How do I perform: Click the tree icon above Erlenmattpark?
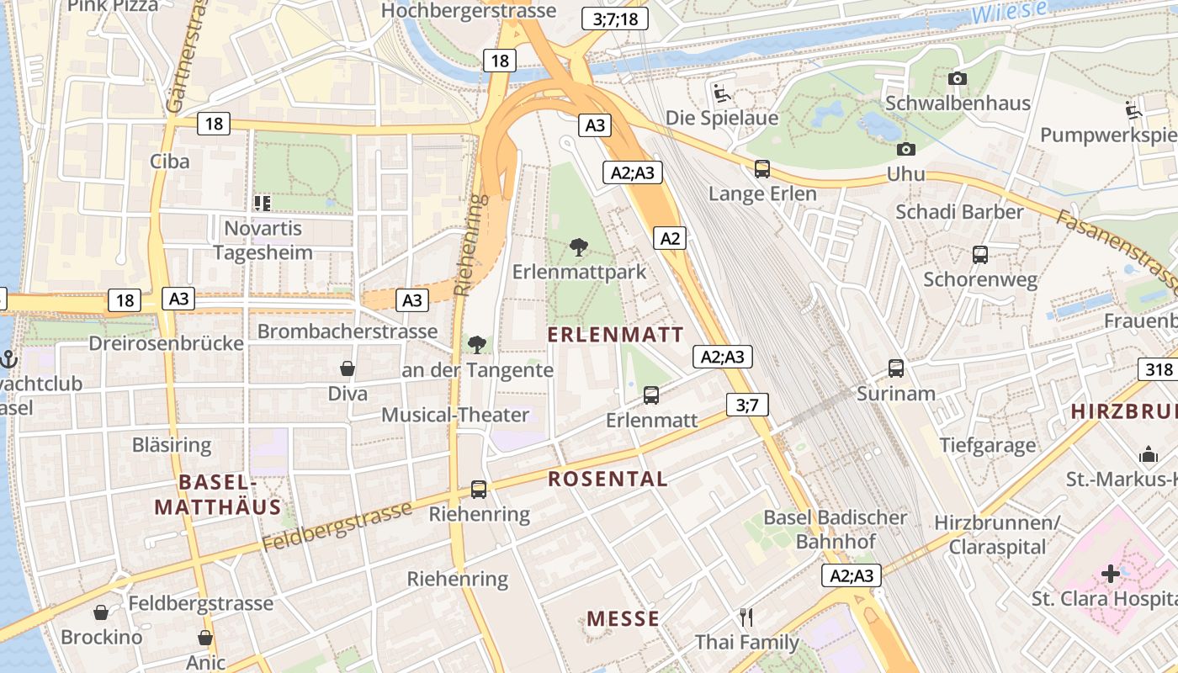click(x=578, y=247)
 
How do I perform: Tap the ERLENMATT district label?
click(x=616, y=335)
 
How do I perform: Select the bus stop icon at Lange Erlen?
click(x=762, y=169)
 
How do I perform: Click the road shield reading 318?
click(x=1159, y=369)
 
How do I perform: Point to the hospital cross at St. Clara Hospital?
click(x=1111, y=575)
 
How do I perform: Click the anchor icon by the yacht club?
click(x=9, y=359)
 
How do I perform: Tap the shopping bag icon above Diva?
click(x=348, y=368)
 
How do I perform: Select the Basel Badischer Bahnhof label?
click(x=835, y=529)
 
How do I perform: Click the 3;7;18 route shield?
click(x=615, y=18)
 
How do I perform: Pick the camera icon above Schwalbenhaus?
click(x=958, y=78)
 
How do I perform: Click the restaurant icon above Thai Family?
click(x=746, y=617)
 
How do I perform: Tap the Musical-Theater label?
click(x=455, y=415)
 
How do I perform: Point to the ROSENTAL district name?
click(x=608, y=480)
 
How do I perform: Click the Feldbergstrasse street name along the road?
click(x=337, y=527)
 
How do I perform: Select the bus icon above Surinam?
click(x=896, y=368)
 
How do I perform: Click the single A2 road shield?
click(x=670, y=238)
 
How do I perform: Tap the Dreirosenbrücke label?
click(x=167, y=343)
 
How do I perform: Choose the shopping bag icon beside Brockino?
click(x=100, y=612)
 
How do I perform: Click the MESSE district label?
click(x=623, y=619)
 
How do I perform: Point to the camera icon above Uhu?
click(x=905, y=149)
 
